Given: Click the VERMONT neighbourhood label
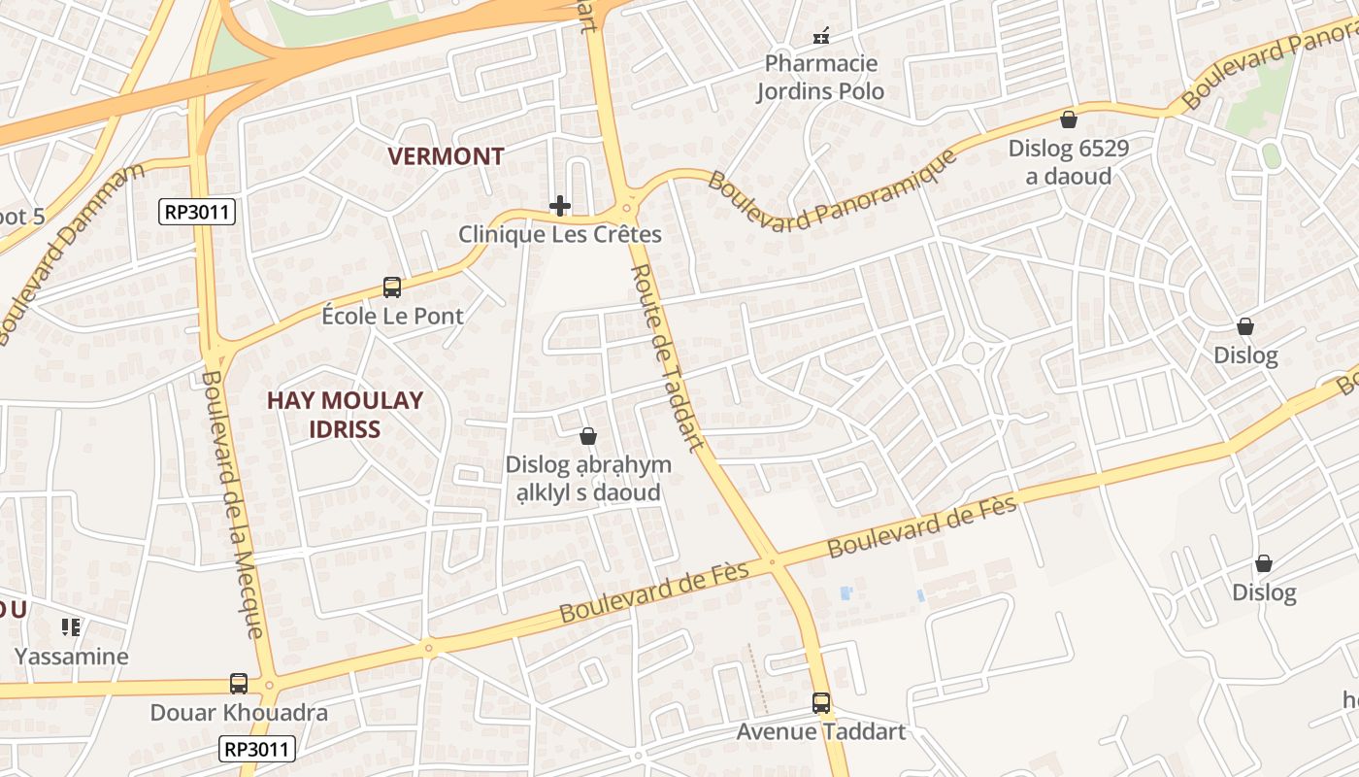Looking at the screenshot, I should [x=446, y=156].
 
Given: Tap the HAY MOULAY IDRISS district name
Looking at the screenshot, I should [x=345, y=415].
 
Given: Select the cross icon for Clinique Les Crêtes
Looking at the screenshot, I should [x=560, y=206].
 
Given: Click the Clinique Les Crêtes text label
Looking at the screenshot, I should [x=560, y=234].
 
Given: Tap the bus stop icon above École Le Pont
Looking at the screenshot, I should [x=392, y=287].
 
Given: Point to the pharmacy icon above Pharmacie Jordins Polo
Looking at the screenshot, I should [x=821, y=37].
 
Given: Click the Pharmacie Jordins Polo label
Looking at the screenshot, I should [x=821, y=78].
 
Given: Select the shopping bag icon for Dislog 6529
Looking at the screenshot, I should [x=1069, y=119].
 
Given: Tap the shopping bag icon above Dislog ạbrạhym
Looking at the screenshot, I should [x=587, y=437].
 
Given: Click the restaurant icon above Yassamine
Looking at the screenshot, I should [x=70, y=627].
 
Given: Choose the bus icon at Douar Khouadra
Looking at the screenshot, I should [x=239, y=684].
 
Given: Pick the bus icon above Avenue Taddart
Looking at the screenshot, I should [x=821, y=702].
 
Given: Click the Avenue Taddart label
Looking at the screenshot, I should [x=821, y=731].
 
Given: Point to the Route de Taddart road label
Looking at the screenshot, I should [x=667, y=357].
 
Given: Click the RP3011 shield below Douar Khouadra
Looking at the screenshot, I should [x=257, y=749].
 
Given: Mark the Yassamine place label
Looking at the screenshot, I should [x=71, y=657].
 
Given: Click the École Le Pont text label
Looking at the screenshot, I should [x=392, y=316].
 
